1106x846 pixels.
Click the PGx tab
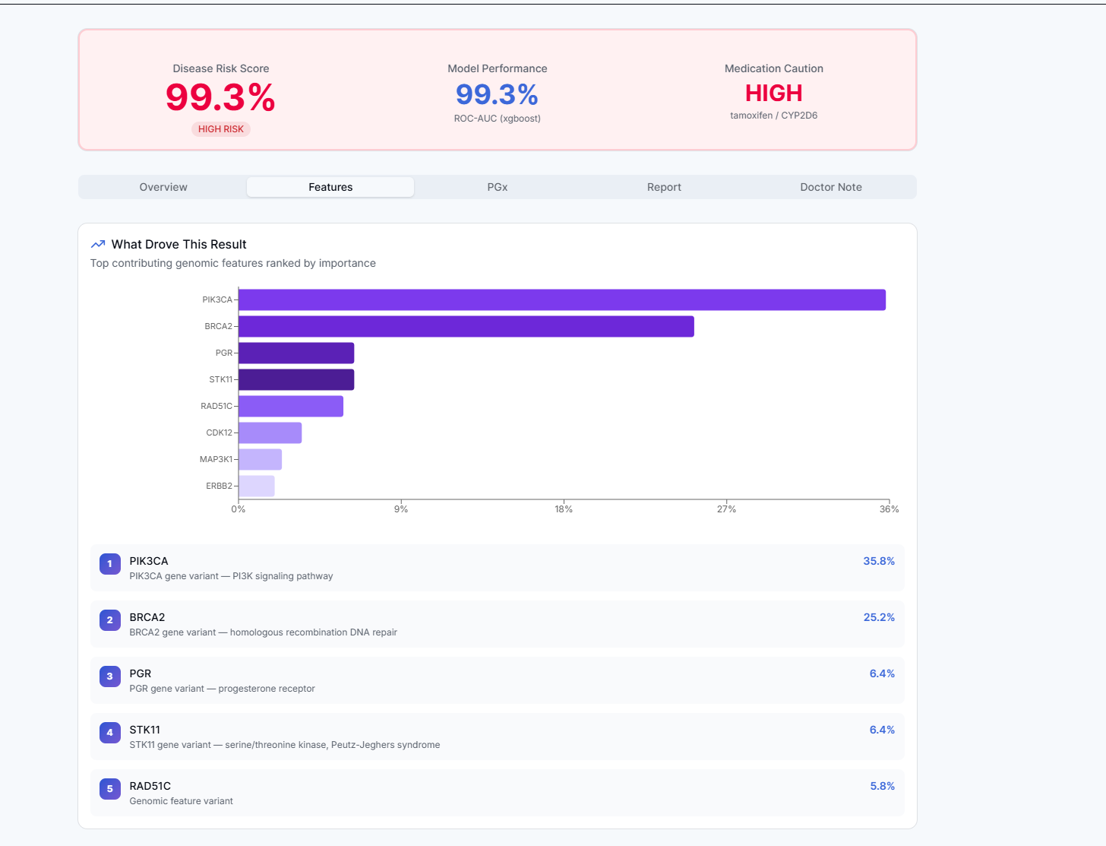[498, 187]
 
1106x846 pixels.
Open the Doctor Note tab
[830, 187]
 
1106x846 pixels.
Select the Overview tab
[163, 187]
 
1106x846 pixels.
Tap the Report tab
[664, 187]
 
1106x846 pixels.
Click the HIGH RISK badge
[221, 129]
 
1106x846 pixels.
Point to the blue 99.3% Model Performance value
[497, 95]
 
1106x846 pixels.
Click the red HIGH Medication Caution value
[773, 93]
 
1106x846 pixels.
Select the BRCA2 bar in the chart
[466, 326]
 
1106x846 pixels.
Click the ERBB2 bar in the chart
[257, 486]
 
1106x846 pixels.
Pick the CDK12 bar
[270, 433]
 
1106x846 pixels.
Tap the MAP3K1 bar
[260, 459]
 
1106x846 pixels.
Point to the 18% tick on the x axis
[564, 509]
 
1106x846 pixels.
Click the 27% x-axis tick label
[726, 509]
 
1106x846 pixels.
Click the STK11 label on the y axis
[220, 379]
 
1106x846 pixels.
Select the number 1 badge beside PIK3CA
[110, 564]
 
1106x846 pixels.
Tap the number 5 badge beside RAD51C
[110, 789]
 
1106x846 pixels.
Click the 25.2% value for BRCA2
[879, 617]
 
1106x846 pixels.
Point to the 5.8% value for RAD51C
[882, 786]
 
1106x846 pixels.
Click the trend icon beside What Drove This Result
[98, 244]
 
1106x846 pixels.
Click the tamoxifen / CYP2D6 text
[773, 116]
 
